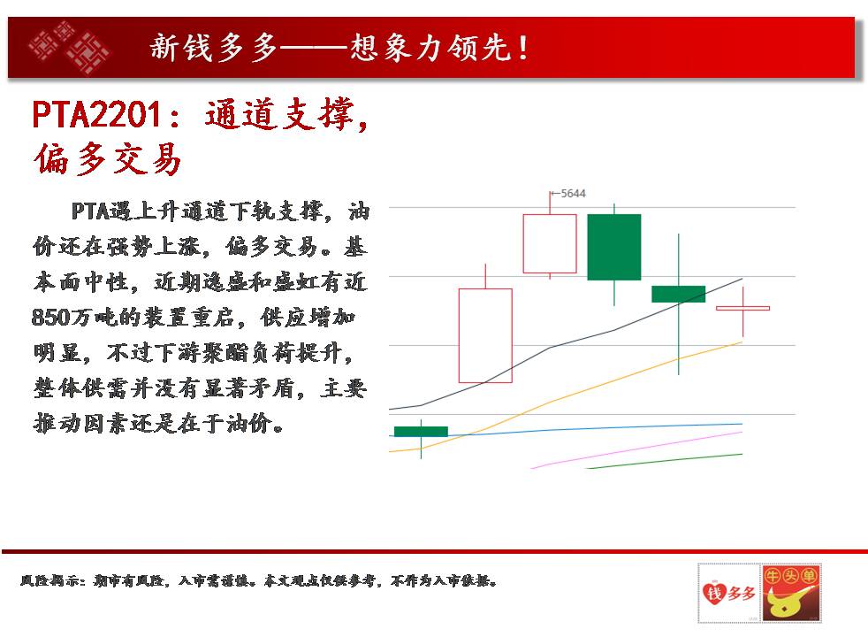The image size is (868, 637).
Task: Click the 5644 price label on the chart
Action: point(573,194)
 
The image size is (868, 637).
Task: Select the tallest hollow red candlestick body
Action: point(485,335)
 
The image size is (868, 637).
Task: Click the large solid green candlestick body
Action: point(614,247)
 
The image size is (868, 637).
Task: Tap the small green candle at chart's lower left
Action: point(421,432)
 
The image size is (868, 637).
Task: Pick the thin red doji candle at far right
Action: point(742,308)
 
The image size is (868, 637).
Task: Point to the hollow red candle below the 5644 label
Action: point(550,243)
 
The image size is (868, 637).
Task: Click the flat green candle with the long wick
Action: point(678,294)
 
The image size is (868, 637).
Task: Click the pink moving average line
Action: point(636,449)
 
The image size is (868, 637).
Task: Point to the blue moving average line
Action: point(565,429)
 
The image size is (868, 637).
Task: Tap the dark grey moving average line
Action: point(565,343)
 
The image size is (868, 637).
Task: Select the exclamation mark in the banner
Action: point(523,48)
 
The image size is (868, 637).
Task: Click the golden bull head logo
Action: point(790,594)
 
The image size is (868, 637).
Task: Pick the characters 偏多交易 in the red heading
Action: point(107,159)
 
